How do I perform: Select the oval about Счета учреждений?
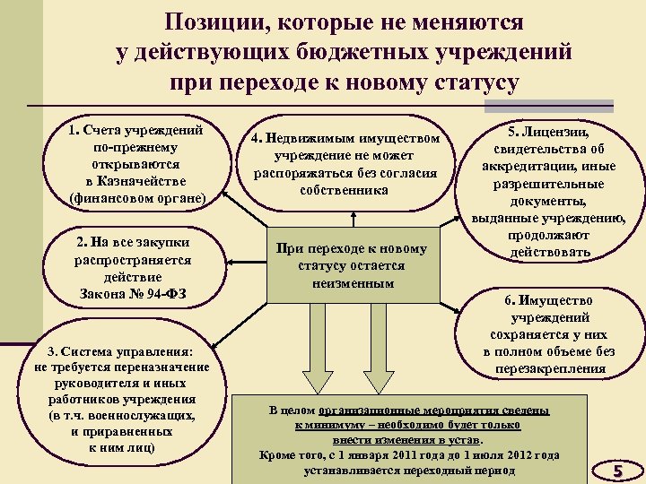coord(136,164)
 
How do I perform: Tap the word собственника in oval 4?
coord(345,190)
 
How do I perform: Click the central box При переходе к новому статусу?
coord(354,265)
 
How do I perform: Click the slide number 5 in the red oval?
coord(616,470)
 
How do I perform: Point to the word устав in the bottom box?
coord(466,440)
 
